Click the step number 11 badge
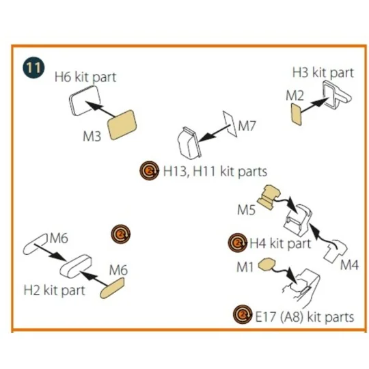pyautogui.click(x=33, y=68)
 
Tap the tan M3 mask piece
pyautogui.click(x=122, y=125)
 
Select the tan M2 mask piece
pyautogui.click(x=297, y=114)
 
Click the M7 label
pyautogui.click(x=247, y=126)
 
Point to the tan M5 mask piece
pyautogui.click(x=269, y=196)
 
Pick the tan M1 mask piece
pyautogui.click(x=266, y=264)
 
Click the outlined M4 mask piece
pyautogui.click(x=336, y=251)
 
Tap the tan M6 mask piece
pyautogui.click(x=112, y=288)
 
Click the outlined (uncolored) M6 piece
pyautogui.click(x=35, y=245)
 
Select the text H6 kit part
pyautogui.click(x=85, y=77)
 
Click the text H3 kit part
pyautogui.click(x=323, y=72)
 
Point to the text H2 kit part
pyautogui.click(x=55, y=290)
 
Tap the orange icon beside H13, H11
pyautogui.click(x=149, y=171)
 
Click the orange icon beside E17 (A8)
pyautogui.click(x=243, y=314)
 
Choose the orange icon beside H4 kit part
pyautogui.click(x=238, y=243)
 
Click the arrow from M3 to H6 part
pyautogui.click(x=100, y=109)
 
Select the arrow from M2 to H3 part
pyautogui.click(x=314, y=105)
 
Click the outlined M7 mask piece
pyautogui.click(x=230, y=124)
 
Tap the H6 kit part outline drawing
pyautogui.click(x=85, y=100)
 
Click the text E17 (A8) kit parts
pyautogui.click(x=305, y=317)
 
